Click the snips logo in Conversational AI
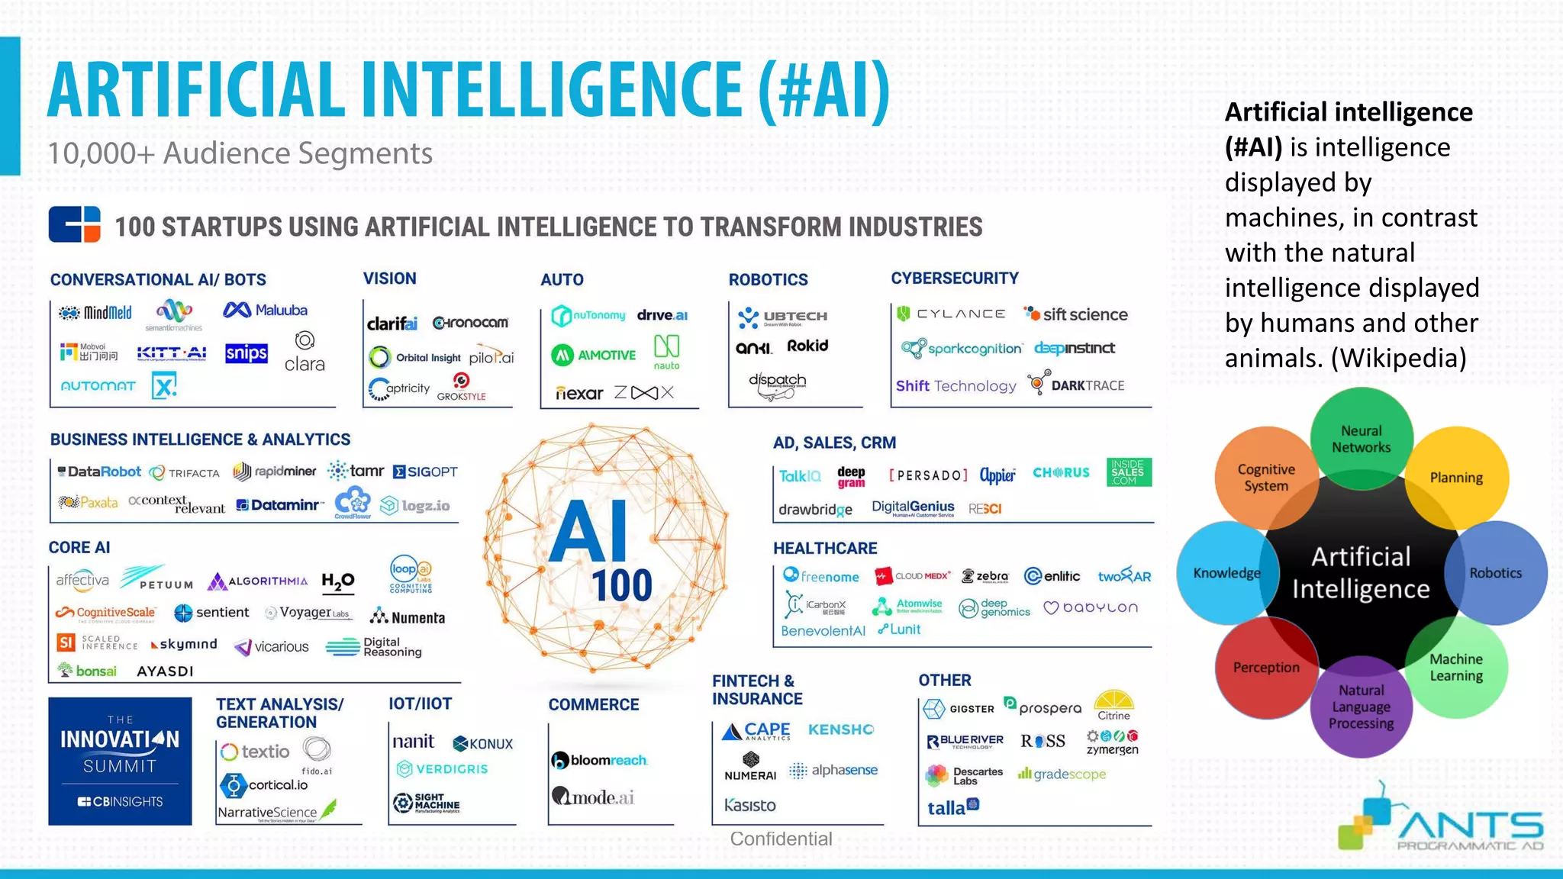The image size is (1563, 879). point(247,353)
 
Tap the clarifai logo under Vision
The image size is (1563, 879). point(392,324)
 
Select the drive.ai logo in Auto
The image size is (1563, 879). point(662,315)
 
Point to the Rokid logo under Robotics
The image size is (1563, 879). point(807,346)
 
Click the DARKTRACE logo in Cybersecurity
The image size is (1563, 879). point(1077,385)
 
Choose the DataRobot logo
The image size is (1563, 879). point(100,472)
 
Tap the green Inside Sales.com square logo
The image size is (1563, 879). point(1128,472)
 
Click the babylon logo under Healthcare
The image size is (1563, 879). point(1091,607)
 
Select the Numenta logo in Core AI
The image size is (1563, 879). point(408,617)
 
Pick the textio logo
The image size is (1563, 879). point(256,752)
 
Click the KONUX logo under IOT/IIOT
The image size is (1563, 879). point(483,744)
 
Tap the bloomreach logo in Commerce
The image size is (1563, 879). point(600,760)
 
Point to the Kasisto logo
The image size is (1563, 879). point(749,805)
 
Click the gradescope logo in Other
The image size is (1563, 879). point(1062,774)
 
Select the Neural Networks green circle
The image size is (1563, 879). point(1362,439)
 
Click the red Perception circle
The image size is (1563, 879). point(1266,668)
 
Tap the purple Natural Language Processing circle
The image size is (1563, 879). point(1361,707)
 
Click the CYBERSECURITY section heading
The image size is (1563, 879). point(955,279)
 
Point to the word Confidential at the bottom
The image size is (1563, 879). point(781,839)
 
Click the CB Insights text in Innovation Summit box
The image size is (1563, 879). point(120,801)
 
